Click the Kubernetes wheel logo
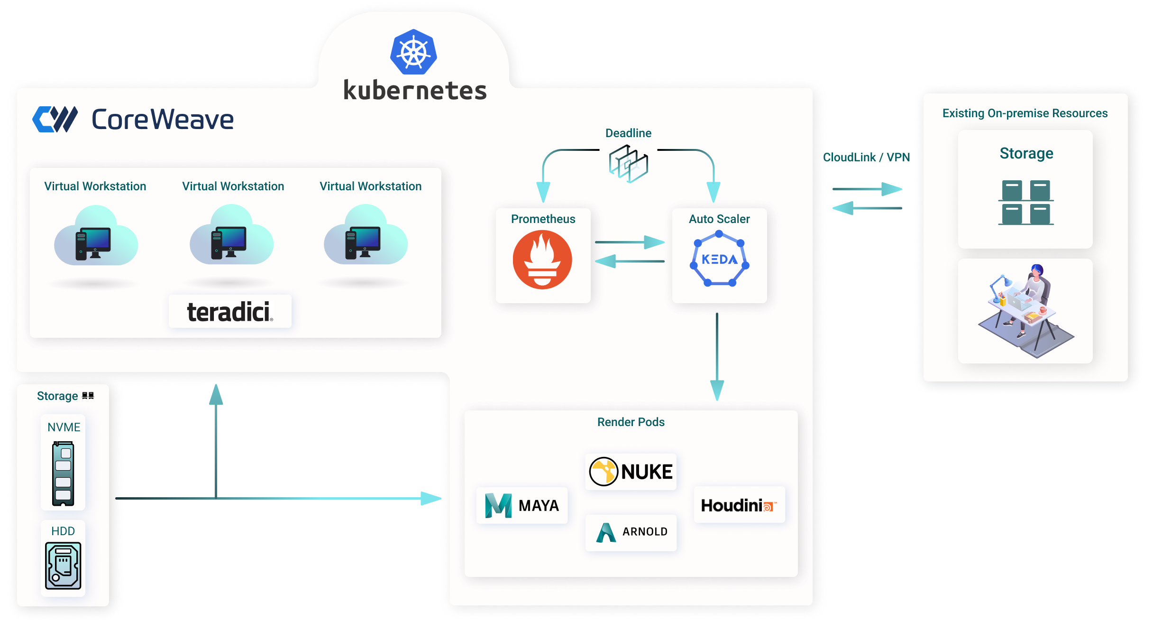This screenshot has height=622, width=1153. point(413,52)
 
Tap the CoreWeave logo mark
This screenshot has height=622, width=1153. point(55,119)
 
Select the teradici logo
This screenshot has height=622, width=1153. point(230,312)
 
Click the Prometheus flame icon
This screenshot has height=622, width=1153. point(542,260)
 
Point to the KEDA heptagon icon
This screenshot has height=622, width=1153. point(719,259)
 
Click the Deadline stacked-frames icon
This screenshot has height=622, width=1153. point(629,164)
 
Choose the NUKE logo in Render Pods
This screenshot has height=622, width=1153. point(631,472)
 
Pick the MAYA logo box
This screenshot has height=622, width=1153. point(522,505)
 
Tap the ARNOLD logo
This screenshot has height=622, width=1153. point(631,532)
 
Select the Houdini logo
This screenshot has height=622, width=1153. point(739,505)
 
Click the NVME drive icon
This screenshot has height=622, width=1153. point(63,473)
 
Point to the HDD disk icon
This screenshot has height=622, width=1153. point(63,565)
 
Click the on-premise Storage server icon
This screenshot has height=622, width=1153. point(1026,202)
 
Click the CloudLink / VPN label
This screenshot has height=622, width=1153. point(867,158)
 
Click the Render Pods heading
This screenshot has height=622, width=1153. point(631,422)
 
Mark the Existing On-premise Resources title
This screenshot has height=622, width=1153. point(1025,113)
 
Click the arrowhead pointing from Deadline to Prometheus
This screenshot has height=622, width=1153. point(543,192)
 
